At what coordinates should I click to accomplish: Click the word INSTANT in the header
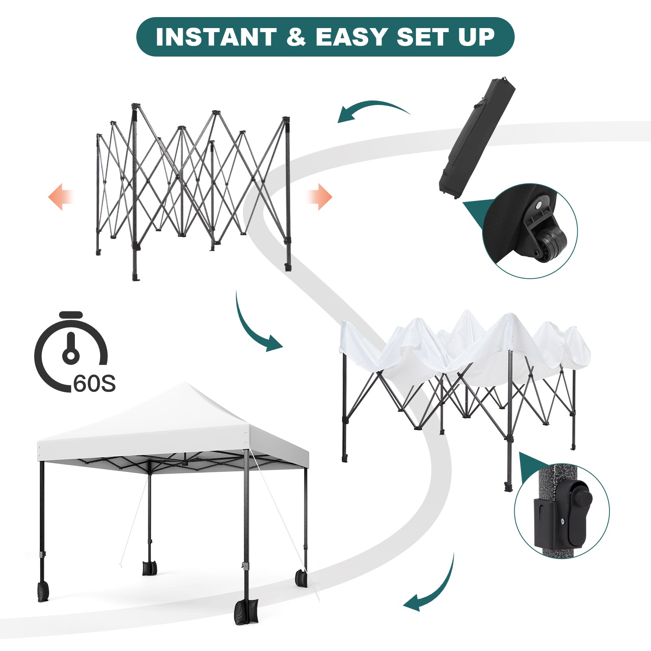pyautogui.click(x=216, y=37)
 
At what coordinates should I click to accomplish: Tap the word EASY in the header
pyautogui.click(x=351, y=37)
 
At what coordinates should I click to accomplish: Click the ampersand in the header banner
pyautogui.click(x=296, y=37)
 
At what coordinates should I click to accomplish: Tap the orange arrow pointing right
pyautogui.click(x=320, y=197)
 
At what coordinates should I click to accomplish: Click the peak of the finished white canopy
pyautogui.click(x=186, y=383)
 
